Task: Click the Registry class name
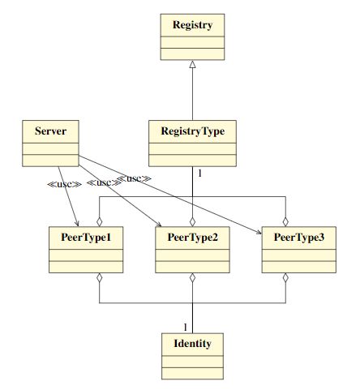[192, 26]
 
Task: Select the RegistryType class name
[192, 130]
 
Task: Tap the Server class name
[50, 130]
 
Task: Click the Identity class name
[192, 344]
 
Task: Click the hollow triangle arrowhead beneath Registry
[192, 67]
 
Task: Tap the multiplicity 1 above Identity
[186, 326]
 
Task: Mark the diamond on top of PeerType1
[99, 219]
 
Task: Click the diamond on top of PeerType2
[192, 219]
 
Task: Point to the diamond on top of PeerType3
[285, 219]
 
